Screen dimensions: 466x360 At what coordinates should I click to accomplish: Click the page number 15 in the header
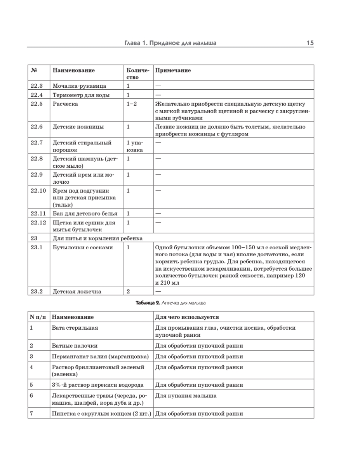pyautogui.click(x=310, y=43)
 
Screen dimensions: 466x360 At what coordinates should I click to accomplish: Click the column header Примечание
pyautogui.click(x=173, y=71)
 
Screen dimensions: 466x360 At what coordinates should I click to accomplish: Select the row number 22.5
pyautogui.click(x=37, y=104)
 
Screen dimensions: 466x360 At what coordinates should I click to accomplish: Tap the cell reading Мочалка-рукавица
pyautogui.click(x=79, y=86)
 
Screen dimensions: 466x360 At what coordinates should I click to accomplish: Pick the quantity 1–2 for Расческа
pyautogui.click(x=132, y=104)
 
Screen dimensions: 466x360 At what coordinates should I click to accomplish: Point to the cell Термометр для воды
pyautogui.click(x=81, y=95)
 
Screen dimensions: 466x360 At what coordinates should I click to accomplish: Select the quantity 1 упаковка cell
pyautogui.click(x=134, y=146)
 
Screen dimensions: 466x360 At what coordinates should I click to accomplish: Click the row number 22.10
pyautogui.click(x=38, y=191)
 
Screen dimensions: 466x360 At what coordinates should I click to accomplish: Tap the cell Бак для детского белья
pyautogui.click(x=85, y=213)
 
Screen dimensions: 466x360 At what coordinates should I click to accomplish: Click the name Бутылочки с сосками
pyautogui.click(x=83, y=247)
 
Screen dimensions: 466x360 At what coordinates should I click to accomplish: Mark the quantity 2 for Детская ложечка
pyautogui.click(x=128, y=290)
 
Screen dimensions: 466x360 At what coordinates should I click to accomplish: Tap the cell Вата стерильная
pyautogui.click(x=75, y=328)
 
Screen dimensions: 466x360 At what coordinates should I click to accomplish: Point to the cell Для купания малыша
pyautogui.click(x=186, y=396)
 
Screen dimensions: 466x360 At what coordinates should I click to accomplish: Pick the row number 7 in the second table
pyautogui.click(x=31, y=413)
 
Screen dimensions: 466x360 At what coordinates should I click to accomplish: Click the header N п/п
pyautogui.click(x=38, y=317)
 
